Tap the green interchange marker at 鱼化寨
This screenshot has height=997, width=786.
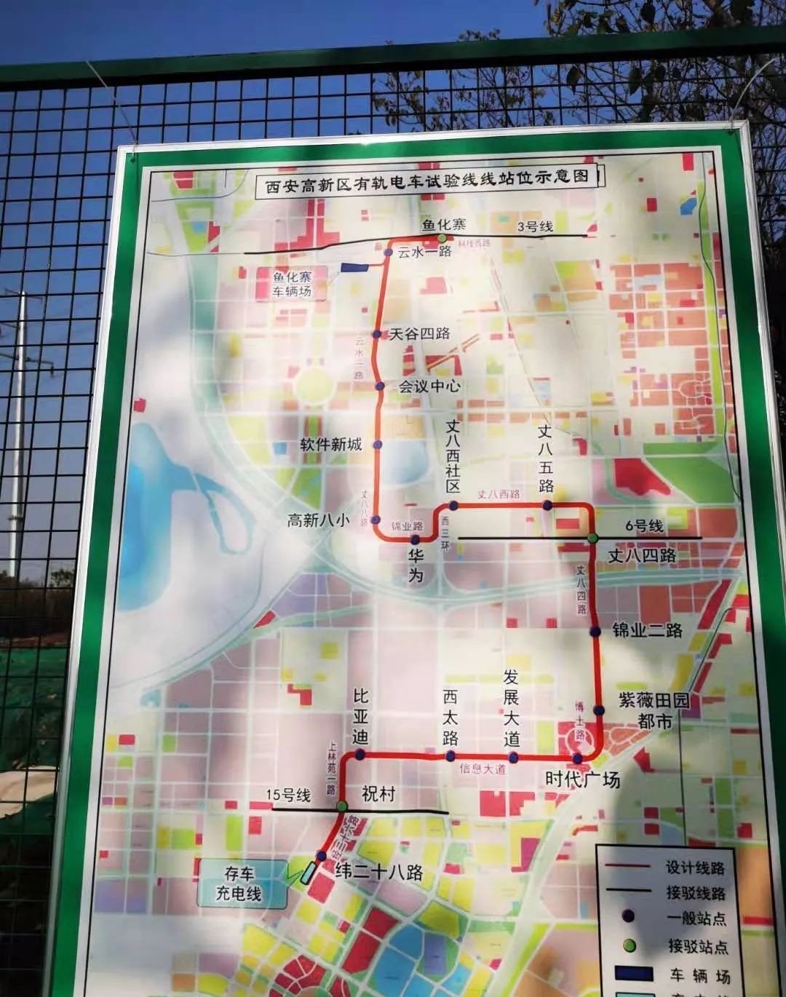[442, 238]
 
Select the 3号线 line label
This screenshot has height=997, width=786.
[535, 226]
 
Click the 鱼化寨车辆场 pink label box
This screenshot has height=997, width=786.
[292, 284]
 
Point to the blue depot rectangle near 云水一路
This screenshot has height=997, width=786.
[354, 268]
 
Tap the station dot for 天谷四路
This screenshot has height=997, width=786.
[377, 334]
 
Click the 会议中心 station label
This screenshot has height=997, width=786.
[429, 386]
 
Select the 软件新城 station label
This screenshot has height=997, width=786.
[331, 444]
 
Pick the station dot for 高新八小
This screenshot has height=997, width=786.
[376, 520]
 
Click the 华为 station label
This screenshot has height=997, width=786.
[416, 565]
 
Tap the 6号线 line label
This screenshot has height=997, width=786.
[644, 526]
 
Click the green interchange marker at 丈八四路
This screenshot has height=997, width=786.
[593, 538]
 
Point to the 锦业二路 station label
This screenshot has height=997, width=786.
[647, 629]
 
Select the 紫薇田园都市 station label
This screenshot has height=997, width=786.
[654, 710]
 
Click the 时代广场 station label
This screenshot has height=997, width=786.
[582, 779]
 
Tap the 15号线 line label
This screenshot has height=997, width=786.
[288, 795]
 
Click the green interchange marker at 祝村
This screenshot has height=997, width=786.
[342, 806]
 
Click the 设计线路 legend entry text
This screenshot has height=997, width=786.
[695, 867]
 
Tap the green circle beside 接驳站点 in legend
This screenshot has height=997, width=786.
[630, 946]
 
